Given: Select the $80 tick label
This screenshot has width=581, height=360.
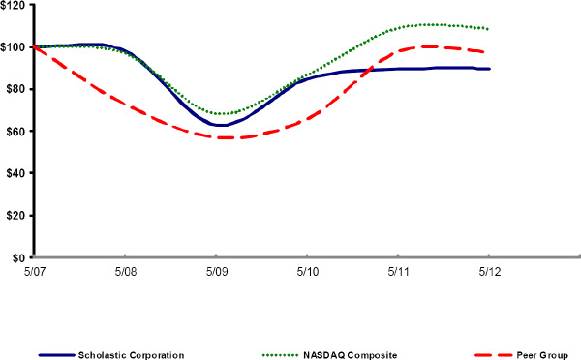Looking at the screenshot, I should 15,89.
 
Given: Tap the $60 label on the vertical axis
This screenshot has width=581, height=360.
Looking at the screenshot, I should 15,131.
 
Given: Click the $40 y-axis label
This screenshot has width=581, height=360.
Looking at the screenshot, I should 15,173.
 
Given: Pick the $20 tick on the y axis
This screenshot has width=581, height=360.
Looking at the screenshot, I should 15,215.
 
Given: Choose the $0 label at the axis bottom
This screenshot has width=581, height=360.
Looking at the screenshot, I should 19,257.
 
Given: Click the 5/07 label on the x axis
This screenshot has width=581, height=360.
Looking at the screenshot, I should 34,273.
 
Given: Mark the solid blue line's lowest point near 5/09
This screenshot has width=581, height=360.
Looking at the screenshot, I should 222,125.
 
